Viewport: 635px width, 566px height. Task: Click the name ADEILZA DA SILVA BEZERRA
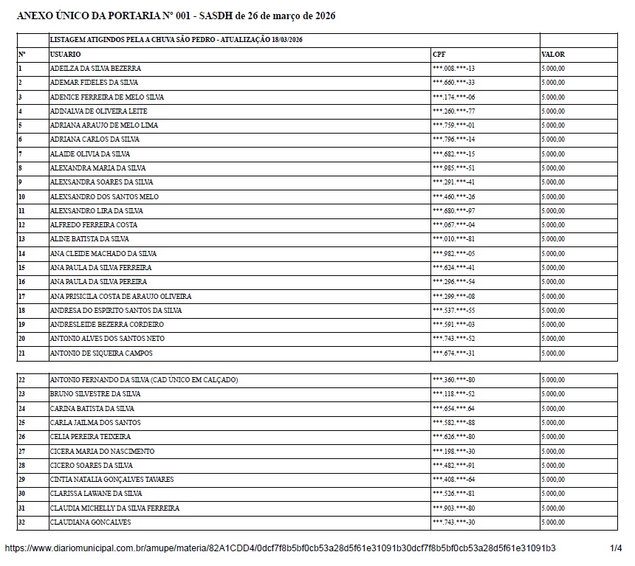point(95,69)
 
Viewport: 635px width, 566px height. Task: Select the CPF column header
point(439,55)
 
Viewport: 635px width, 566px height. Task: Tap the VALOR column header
point(552,55)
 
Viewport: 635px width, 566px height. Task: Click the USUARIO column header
point(65,55)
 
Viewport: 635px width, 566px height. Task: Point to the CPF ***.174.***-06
point(453,97)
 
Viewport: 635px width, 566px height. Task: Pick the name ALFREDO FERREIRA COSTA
point(93,225)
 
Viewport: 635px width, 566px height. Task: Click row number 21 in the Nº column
point(21,353)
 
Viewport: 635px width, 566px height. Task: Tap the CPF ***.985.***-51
point(453,168)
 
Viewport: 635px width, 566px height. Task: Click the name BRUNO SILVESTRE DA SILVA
point(95,394)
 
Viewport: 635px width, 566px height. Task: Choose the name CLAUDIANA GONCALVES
point(90,522)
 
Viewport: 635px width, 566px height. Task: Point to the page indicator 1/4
point(616,548)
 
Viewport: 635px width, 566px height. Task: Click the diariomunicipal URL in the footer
point(280,548)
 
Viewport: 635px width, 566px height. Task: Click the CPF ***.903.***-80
point(453,508)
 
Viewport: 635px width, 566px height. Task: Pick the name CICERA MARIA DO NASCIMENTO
point(102,452)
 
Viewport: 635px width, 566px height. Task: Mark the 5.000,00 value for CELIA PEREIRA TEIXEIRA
point(552,437)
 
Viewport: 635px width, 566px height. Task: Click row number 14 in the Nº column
point(21,254)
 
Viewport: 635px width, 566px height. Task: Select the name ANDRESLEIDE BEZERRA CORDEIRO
point(106,325)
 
